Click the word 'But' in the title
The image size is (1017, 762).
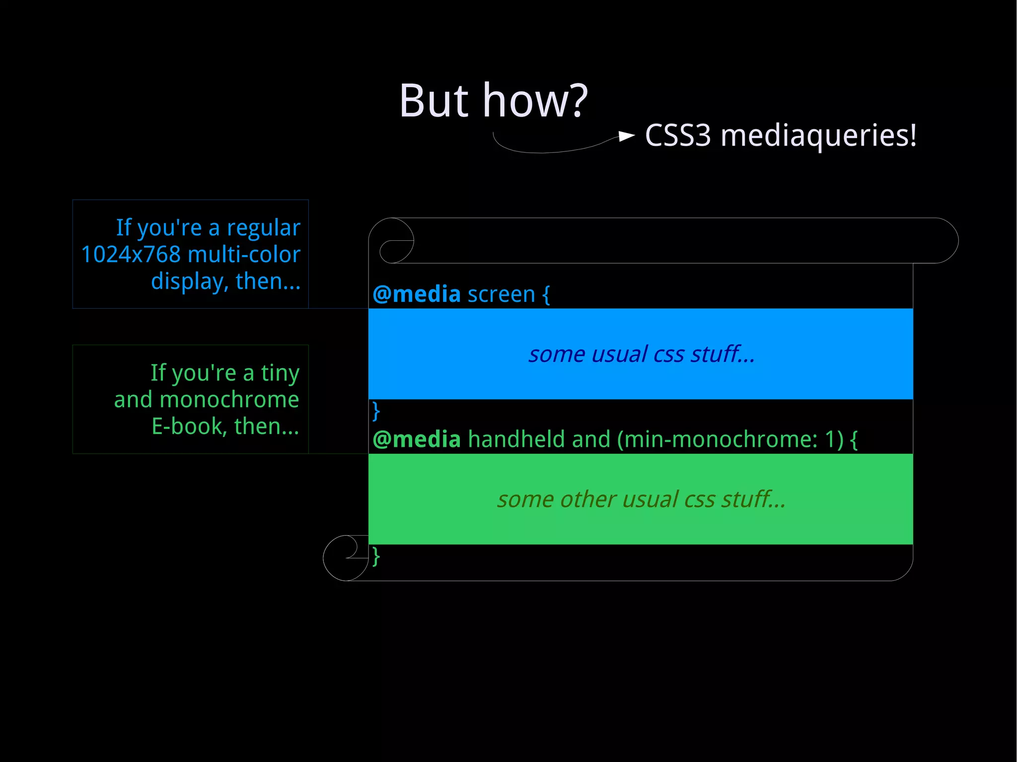[434, 101]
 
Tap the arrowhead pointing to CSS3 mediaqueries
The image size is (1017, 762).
[626, 136]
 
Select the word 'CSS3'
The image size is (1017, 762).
[678, 136]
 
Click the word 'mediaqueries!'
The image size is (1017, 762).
[818, 136]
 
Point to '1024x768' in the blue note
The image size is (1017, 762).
[131, 255]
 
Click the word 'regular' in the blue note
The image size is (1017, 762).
[263, 228]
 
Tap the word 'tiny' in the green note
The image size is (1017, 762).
[280, 373]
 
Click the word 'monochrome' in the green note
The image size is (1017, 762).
[229, 400]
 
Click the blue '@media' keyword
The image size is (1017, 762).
[417, 294]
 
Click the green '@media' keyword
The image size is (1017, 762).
[417, 440]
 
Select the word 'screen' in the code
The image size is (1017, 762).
[501, 294]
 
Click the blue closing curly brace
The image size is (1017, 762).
[376, 411]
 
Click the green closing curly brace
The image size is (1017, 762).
[376, 556]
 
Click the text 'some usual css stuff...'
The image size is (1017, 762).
[641, 354]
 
